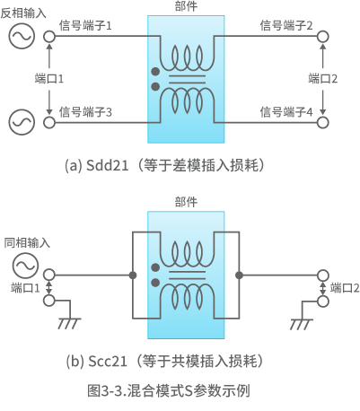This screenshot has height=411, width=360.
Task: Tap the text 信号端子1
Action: (x=84, y=25)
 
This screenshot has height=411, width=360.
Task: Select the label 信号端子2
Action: (x=285, y=25)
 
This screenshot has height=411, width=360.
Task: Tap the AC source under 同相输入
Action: (x=22, y=266)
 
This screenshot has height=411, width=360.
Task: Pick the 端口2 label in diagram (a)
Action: (x=321, y=79)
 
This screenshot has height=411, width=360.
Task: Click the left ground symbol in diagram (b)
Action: (x=66, y=322)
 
